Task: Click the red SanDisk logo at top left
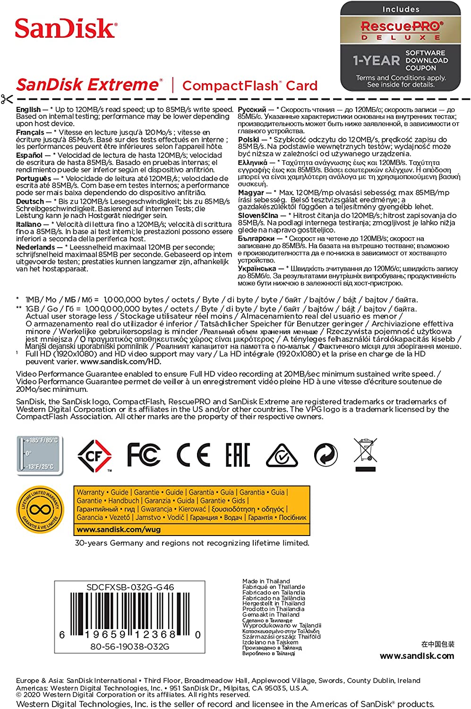pos(65,28)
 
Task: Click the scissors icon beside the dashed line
pos(7,99)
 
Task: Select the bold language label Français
pos(30,132)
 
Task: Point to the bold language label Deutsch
pos(30,201)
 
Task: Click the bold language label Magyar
pos(251,193)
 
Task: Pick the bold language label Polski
pos(248,140)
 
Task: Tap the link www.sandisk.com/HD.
pos(120,362)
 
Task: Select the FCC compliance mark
pos(144,455)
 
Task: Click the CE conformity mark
pos(193,455)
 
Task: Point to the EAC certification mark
pos(237,455)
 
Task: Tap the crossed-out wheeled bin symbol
pos(365,455)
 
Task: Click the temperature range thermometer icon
pos(40,455)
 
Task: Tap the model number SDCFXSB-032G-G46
pos(130,587)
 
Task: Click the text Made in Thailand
pos(266,581)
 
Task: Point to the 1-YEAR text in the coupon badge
pos(376,61)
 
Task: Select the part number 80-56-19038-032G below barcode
pos(129,647)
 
